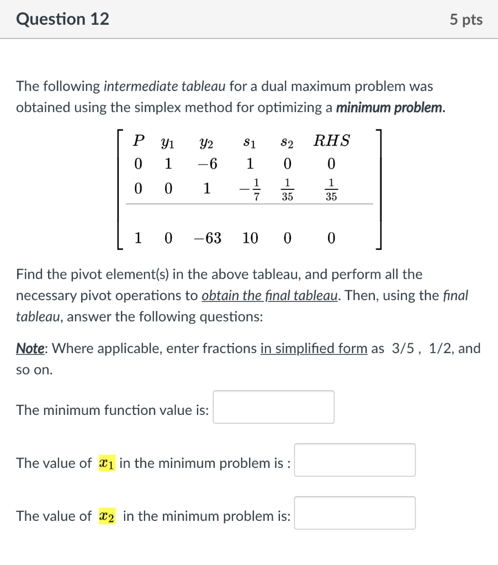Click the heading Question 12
[62, 19]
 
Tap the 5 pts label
[466, 20]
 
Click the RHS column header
[331, 141]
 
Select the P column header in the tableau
[139, 141]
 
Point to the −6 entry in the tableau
[206, 164]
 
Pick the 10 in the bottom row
[250, 238]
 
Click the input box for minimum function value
[273, 407]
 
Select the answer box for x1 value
[354, 460]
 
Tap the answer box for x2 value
[354, 513]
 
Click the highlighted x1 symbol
[107, 463]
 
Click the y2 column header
[206, 142]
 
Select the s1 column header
[250, 142]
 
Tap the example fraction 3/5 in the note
[399, 348]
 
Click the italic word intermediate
[138, 87]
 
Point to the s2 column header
[287, 142]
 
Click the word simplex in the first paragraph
[155, 108]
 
